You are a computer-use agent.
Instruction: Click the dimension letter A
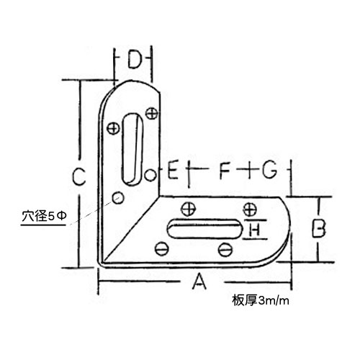199,282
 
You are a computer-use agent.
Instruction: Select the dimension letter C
79,176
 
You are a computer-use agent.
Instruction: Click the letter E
173,170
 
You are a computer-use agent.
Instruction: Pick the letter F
225,170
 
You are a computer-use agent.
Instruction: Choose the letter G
269,170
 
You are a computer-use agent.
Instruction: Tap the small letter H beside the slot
254,230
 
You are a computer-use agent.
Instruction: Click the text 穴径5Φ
44,217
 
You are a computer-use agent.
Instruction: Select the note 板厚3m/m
261,300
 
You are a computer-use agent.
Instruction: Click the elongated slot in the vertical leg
132,149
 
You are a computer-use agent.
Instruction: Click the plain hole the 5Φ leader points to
118,198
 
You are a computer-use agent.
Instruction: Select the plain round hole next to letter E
150,174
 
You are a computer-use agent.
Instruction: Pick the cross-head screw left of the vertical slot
113,129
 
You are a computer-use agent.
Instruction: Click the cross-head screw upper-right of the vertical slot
152,113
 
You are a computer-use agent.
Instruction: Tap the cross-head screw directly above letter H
250,209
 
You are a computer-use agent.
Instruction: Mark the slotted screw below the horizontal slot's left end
162,249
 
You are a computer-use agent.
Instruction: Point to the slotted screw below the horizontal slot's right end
225,250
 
